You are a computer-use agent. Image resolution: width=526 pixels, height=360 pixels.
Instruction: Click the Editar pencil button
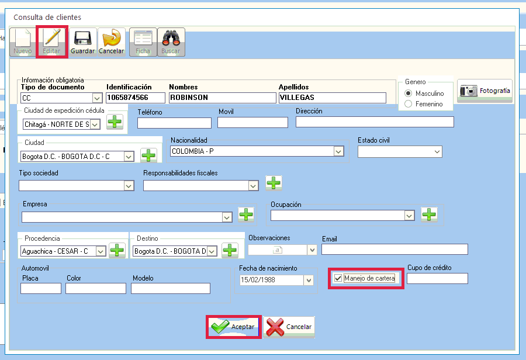tap(51, 42)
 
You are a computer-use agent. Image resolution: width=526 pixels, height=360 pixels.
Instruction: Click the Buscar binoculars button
tap(171, 42)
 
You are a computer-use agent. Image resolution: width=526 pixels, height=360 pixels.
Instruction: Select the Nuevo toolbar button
tap(23, 42)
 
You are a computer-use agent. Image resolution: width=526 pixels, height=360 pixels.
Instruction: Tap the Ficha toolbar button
tap(143, 42)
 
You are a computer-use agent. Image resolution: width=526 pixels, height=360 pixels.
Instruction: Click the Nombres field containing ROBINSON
tap(223, 98)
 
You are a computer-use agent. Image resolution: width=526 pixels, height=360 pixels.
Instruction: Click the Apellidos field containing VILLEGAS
tap(332, 98)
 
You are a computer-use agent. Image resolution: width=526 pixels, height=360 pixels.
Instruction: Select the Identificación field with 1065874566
tap(136, 98)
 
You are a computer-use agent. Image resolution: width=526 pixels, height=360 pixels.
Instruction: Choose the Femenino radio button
tap(409, 104)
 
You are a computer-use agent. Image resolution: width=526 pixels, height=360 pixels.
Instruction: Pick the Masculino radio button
tap(409, 94)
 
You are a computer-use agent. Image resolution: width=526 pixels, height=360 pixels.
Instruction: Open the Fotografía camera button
tap(485, 91)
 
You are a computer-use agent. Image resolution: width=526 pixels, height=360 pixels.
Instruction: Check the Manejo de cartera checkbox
tap(338, 278)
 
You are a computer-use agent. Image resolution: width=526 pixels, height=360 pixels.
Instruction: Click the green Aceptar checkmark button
tap(234, 327)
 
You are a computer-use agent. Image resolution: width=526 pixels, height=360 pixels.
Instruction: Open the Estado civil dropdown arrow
tap(437, 151)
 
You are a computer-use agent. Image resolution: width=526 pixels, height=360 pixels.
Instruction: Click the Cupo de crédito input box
tap(437, 278)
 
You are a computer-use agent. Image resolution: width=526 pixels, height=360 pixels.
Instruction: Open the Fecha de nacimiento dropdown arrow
tap(309, 280)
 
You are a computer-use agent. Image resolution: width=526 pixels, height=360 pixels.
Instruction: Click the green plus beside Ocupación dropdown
tap(429, 214)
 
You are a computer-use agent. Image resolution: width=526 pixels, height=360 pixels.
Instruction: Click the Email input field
tap(394, 250)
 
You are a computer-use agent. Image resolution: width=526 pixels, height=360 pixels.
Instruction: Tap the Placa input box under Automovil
tap(41, 289)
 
